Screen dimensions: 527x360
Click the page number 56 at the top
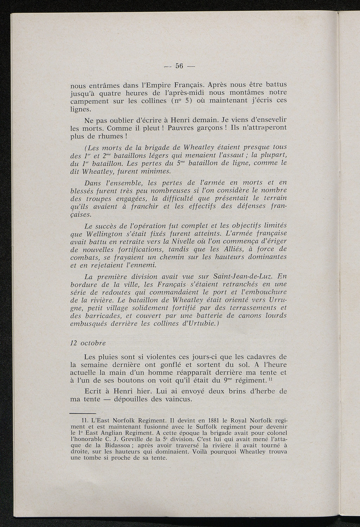pos(180,66)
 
